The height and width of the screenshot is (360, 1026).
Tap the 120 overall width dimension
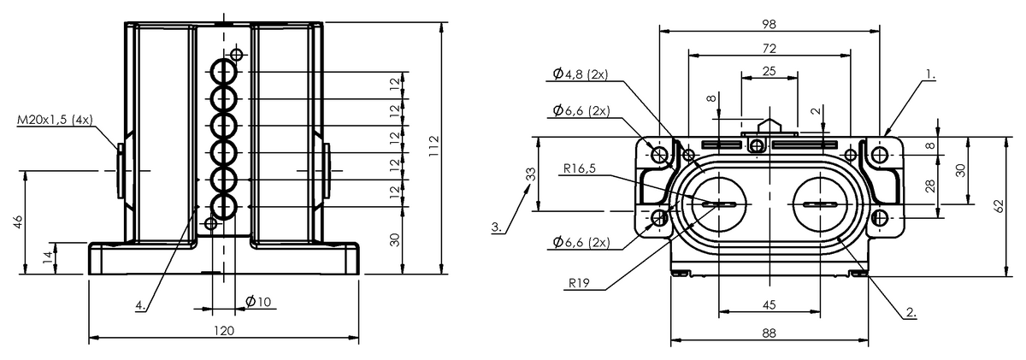[224, 330]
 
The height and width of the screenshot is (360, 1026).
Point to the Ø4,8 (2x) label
[581, 74]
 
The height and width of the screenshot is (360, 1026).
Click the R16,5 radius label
[579, 168]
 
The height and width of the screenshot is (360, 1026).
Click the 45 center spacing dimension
[769, 305]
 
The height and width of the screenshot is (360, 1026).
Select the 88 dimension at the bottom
[769, 333]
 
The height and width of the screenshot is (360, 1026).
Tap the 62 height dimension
[997, 206]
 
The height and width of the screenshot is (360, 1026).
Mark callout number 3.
[497, 227]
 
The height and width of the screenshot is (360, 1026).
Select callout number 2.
[911, 313]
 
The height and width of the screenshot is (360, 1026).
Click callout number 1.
[929, 75]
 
